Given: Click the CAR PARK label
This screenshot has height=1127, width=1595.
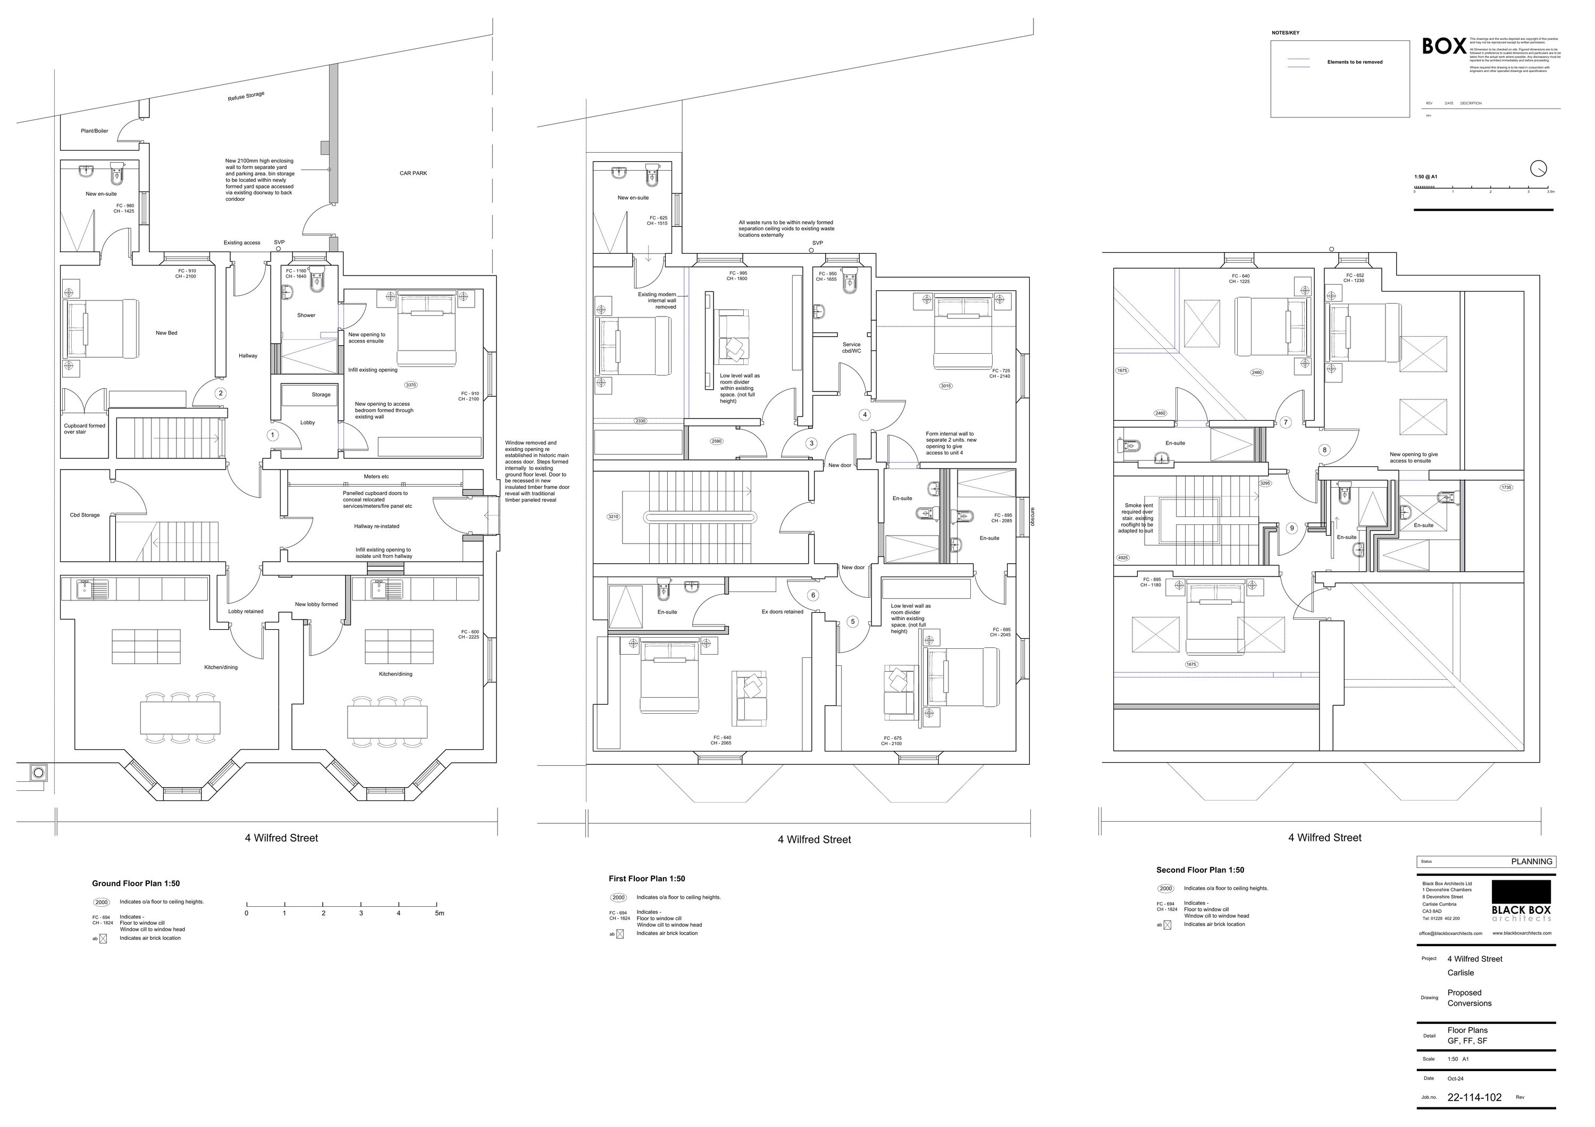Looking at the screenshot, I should [x=413, y=173].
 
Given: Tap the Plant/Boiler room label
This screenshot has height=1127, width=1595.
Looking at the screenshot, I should [x=95, y=131].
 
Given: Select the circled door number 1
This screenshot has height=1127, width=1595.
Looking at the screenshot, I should [x=272, y=435].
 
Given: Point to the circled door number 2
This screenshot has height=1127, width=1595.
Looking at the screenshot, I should [x=221, y=393].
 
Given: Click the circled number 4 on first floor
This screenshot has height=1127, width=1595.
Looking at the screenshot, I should [x=865, y=415].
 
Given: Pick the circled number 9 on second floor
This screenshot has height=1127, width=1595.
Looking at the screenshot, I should [x=1292, y=528].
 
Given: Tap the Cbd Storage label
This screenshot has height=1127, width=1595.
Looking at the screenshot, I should [x=85, y=515].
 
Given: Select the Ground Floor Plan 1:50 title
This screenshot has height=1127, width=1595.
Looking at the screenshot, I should [x=136, y=884].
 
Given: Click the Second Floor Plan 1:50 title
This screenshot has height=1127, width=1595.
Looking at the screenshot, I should [x=1200, y=870].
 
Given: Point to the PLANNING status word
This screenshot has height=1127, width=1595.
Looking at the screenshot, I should [x=1531, y=862].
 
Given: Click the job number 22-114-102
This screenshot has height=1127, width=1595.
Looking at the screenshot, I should [x=1474, y=1098].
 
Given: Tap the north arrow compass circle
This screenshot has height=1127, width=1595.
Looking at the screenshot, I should [x=1539, y=169].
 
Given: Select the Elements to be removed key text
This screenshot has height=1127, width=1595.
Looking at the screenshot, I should [x=1355, y=63].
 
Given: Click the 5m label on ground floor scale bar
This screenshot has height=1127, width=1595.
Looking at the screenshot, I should [x=439, y=913].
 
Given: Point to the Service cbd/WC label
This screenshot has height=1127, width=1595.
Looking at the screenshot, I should [x=851, y=347].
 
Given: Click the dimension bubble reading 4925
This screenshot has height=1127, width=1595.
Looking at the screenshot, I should [x=1122, y=558].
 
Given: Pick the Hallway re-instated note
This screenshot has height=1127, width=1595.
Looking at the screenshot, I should [x=376, y=526].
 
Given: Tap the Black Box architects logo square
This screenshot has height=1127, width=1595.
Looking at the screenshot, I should [x=1521, y=891].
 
